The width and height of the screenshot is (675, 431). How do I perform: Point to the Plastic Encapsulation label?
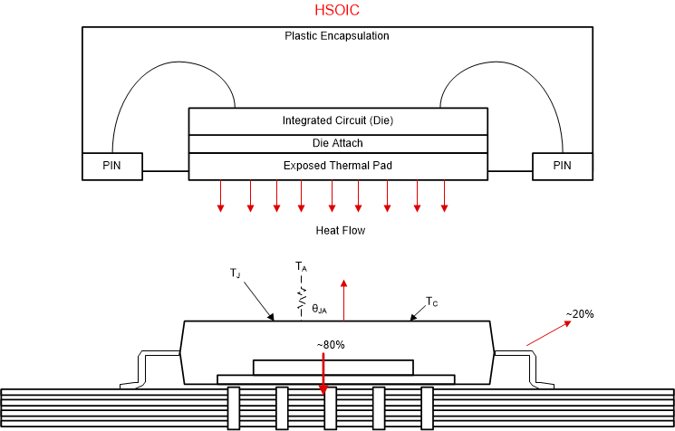pos(337,36)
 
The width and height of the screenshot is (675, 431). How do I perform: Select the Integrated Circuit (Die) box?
pos(337,120)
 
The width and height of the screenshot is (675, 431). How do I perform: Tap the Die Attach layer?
pos(337,144)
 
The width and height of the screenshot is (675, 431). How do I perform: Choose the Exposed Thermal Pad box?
pos(337,166)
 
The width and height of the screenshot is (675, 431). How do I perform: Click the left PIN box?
pos(111,166)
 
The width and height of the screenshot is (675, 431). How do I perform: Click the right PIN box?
pos(563,166)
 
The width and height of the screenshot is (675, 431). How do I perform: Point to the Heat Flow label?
pos(340,231)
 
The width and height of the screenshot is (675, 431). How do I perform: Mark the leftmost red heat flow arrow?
pos(220,196)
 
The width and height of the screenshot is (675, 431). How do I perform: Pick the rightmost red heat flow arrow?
pos(444,196)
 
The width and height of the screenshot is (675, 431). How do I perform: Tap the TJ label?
pos(236,273)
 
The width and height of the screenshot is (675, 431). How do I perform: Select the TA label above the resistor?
pos(301,267)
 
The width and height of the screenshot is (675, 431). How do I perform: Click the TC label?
pos(433,302)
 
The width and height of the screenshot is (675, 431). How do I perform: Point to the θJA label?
pos(320,309)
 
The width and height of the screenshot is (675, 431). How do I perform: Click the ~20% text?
pos(580,314)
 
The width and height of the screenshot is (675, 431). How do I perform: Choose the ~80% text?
pos(331,345)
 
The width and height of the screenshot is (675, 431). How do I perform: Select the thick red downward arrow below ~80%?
pos(323,373)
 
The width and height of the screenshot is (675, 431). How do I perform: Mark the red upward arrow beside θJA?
pos(344,298)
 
